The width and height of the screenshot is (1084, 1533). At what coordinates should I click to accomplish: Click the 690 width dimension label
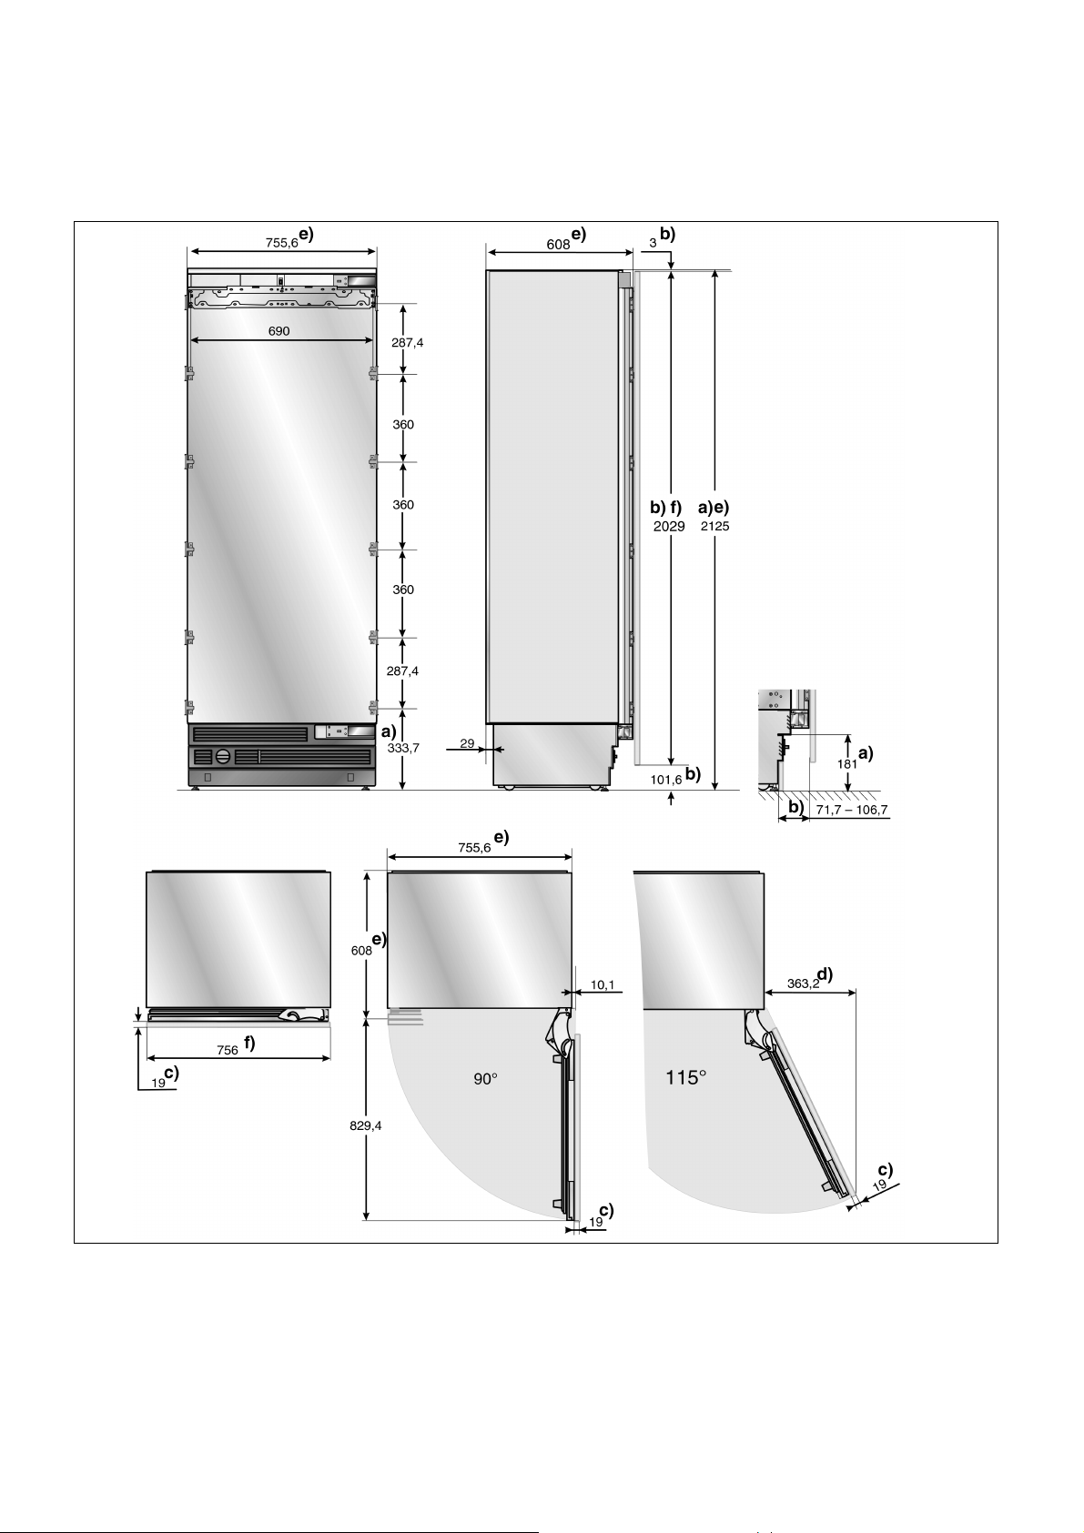tap(279, 331)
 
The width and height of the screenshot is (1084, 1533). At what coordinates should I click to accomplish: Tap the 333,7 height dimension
tap(402, 748)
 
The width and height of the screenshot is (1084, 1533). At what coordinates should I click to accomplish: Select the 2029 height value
tap(669, 526)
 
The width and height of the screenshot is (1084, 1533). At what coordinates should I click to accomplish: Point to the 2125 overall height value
tap(714, 526)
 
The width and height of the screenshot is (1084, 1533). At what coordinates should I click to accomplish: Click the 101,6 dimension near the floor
tap(666, 780)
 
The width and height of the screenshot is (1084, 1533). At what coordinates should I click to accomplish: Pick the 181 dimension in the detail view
tap(846, 764)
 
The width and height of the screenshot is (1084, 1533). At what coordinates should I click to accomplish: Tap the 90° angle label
tap(485, 1078)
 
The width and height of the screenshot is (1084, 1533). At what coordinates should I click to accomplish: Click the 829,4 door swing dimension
tap(366, 1125)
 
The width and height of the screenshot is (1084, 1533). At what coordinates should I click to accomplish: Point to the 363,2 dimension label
tap(803, 983)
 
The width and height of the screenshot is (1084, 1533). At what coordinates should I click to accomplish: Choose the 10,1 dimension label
tap(603, 984)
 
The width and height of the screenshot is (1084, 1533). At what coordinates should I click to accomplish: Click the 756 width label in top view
tap(228, 1050)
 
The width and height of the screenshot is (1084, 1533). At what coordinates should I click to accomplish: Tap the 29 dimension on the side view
tap(467, 743)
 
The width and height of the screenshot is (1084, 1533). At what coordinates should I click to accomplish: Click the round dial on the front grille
tap(223, 756)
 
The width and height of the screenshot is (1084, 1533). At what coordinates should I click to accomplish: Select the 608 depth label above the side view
tap(558, 244)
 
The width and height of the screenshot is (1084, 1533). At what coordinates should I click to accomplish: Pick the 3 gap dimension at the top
tap(653, 243)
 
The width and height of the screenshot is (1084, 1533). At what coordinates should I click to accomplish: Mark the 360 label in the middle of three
tap(403, 505)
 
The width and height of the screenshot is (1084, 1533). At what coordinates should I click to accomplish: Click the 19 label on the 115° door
tap(879, 1187)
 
